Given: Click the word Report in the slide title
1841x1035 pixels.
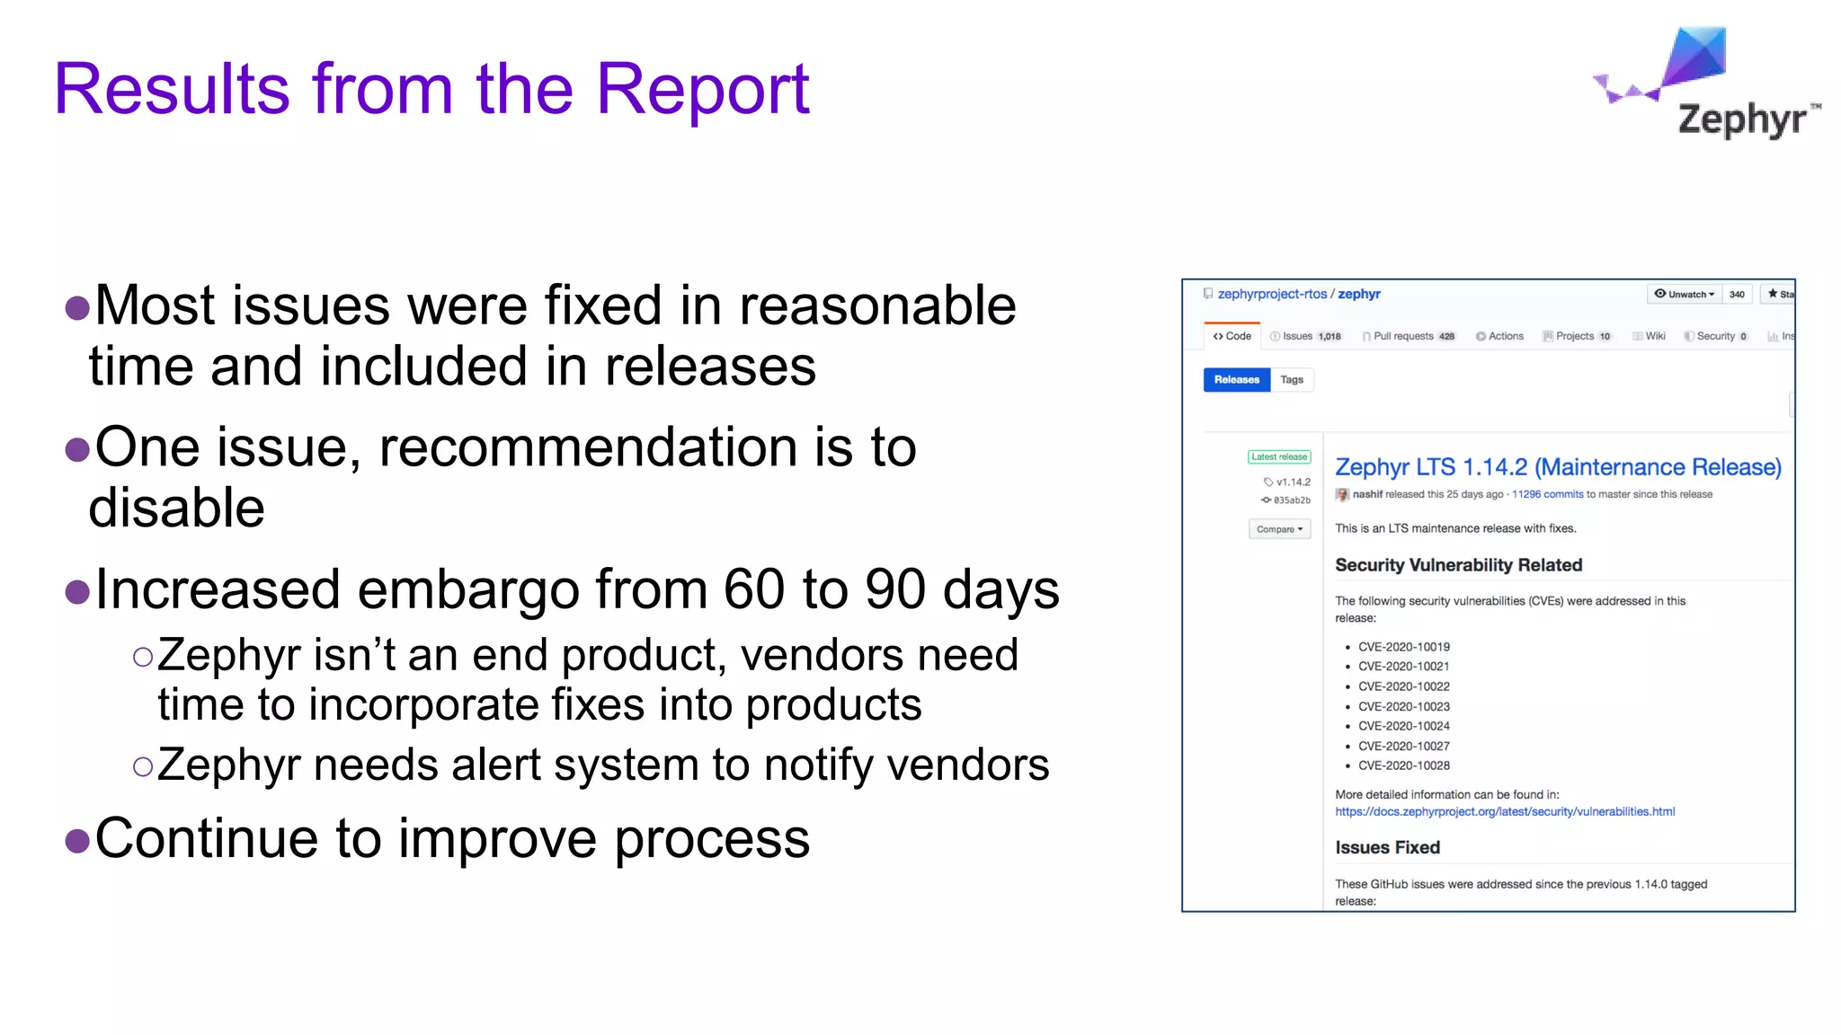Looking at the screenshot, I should click(702, 89).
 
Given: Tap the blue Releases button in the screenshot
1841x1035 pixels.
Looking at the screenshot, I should click(1236, 380).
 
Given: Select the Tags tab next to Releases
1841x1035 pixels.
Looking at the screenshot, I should click(1292, 380).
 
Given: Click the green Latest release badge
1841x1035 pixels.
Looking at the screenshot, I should click(1279, 457).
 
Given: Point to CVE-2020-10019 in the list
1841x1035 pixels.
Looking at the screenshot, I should click(1403, 647).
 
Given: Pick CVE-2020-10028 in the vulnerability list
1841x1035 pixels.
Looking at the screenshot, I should click(1403, 765).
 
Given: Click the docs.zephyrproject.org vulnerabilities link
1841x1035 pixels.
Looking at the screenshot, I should click(1504, 812).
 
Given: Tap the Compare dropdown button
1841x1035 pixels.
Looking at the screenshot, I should click(1279, 529).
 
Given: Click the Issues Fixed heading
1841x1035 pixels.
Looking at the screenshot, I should click(1387, 847).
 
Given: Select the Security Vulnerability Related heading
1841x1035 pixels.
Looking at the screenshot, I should click(1458, 565).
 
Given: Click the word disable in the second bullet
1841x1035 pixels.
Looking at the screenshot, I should click(177, 509).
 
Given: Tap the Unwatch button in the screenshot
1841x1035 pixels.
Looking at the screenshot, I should click(1685, 294).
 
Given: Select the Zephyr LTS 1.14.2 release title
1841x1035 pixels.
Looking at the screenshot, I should click(1557, 467).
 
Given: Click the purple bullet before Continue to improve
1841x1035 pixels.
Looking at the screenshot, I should click(78, 841).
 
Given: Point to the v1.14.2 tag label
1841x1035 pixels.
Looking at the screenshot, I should click(1288, 482).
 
